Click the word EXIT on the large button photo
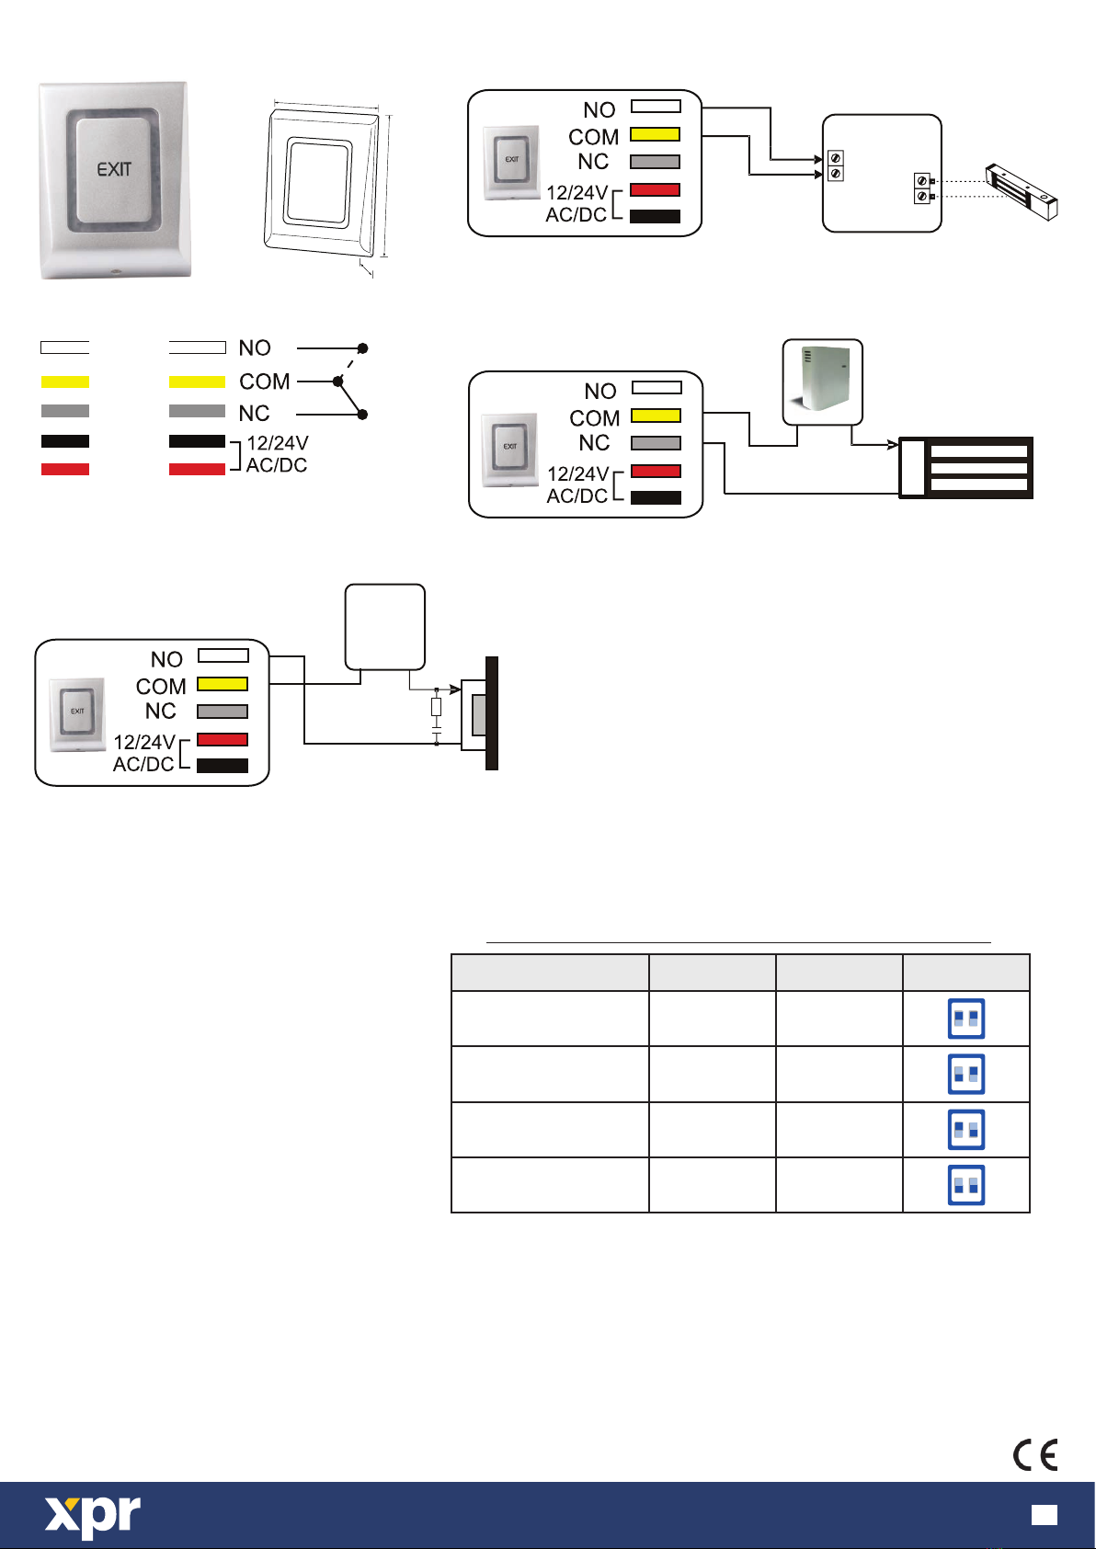click(113, 169)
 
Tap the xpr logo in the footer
click(93, 1516)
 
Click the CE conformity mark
click(1035, 1454)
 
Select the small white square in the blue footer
click(1045, 1514)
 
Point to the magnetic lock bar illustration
click(1022, 191)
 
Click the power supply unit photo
click(822, 381)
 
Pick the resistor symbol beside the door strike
click(437, 707)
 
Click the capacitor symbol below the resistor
click(437, 730)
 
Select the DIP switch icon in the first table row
click(966, 1018)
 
